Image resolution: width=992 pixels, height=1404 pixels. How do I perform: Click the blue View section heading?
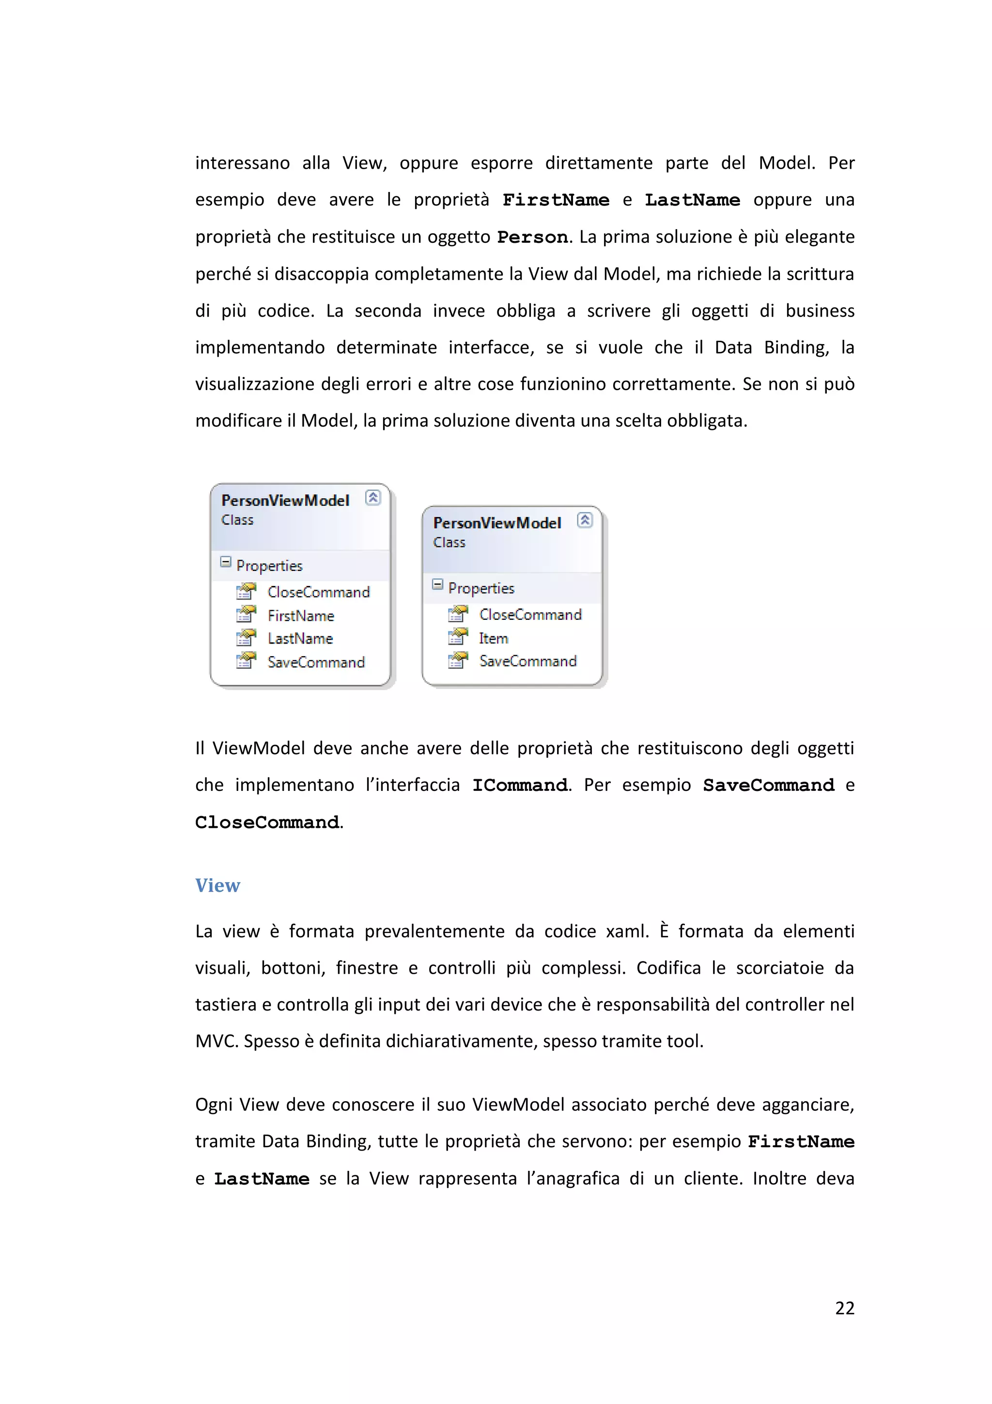(217, 885)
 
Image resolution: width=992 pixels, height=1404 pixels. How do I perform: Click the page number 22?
(844, 1308)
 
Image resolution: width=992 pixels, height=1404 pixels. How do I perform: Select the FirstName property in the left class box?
(301, 616)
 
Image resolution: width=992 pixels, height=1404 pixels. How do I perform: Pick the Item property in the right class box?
(493, 638)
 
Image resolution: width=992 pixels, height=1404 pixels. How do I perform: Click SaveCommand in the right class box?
(527, 662)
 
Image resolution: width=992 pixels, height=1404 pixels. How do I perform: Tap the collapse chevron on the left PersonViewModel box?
(373, 498)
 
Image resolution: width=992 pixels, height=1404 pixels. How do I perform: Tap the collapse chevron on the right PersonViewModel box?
(585, 521)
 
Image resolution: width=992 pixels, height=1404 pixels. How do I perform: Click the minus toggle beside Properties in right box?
(437, 584)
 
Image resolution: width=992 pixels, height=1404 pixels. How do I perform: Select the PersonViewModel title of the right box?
(497, 523)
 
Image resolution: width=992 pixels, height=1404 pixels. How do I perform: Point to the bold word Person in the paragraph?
(532, 237)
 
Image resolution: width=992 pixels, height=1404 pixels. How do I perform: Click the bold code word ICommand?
(520, 786)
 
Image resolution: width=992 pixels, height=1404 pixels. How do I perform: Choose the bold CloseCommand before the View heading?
(267, 822)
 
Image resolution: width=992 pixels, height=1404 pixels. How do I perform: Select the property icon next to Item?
(458, 638)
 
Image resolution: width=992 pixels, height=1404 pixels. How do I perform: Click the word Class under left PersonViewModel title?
(237, 521)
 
